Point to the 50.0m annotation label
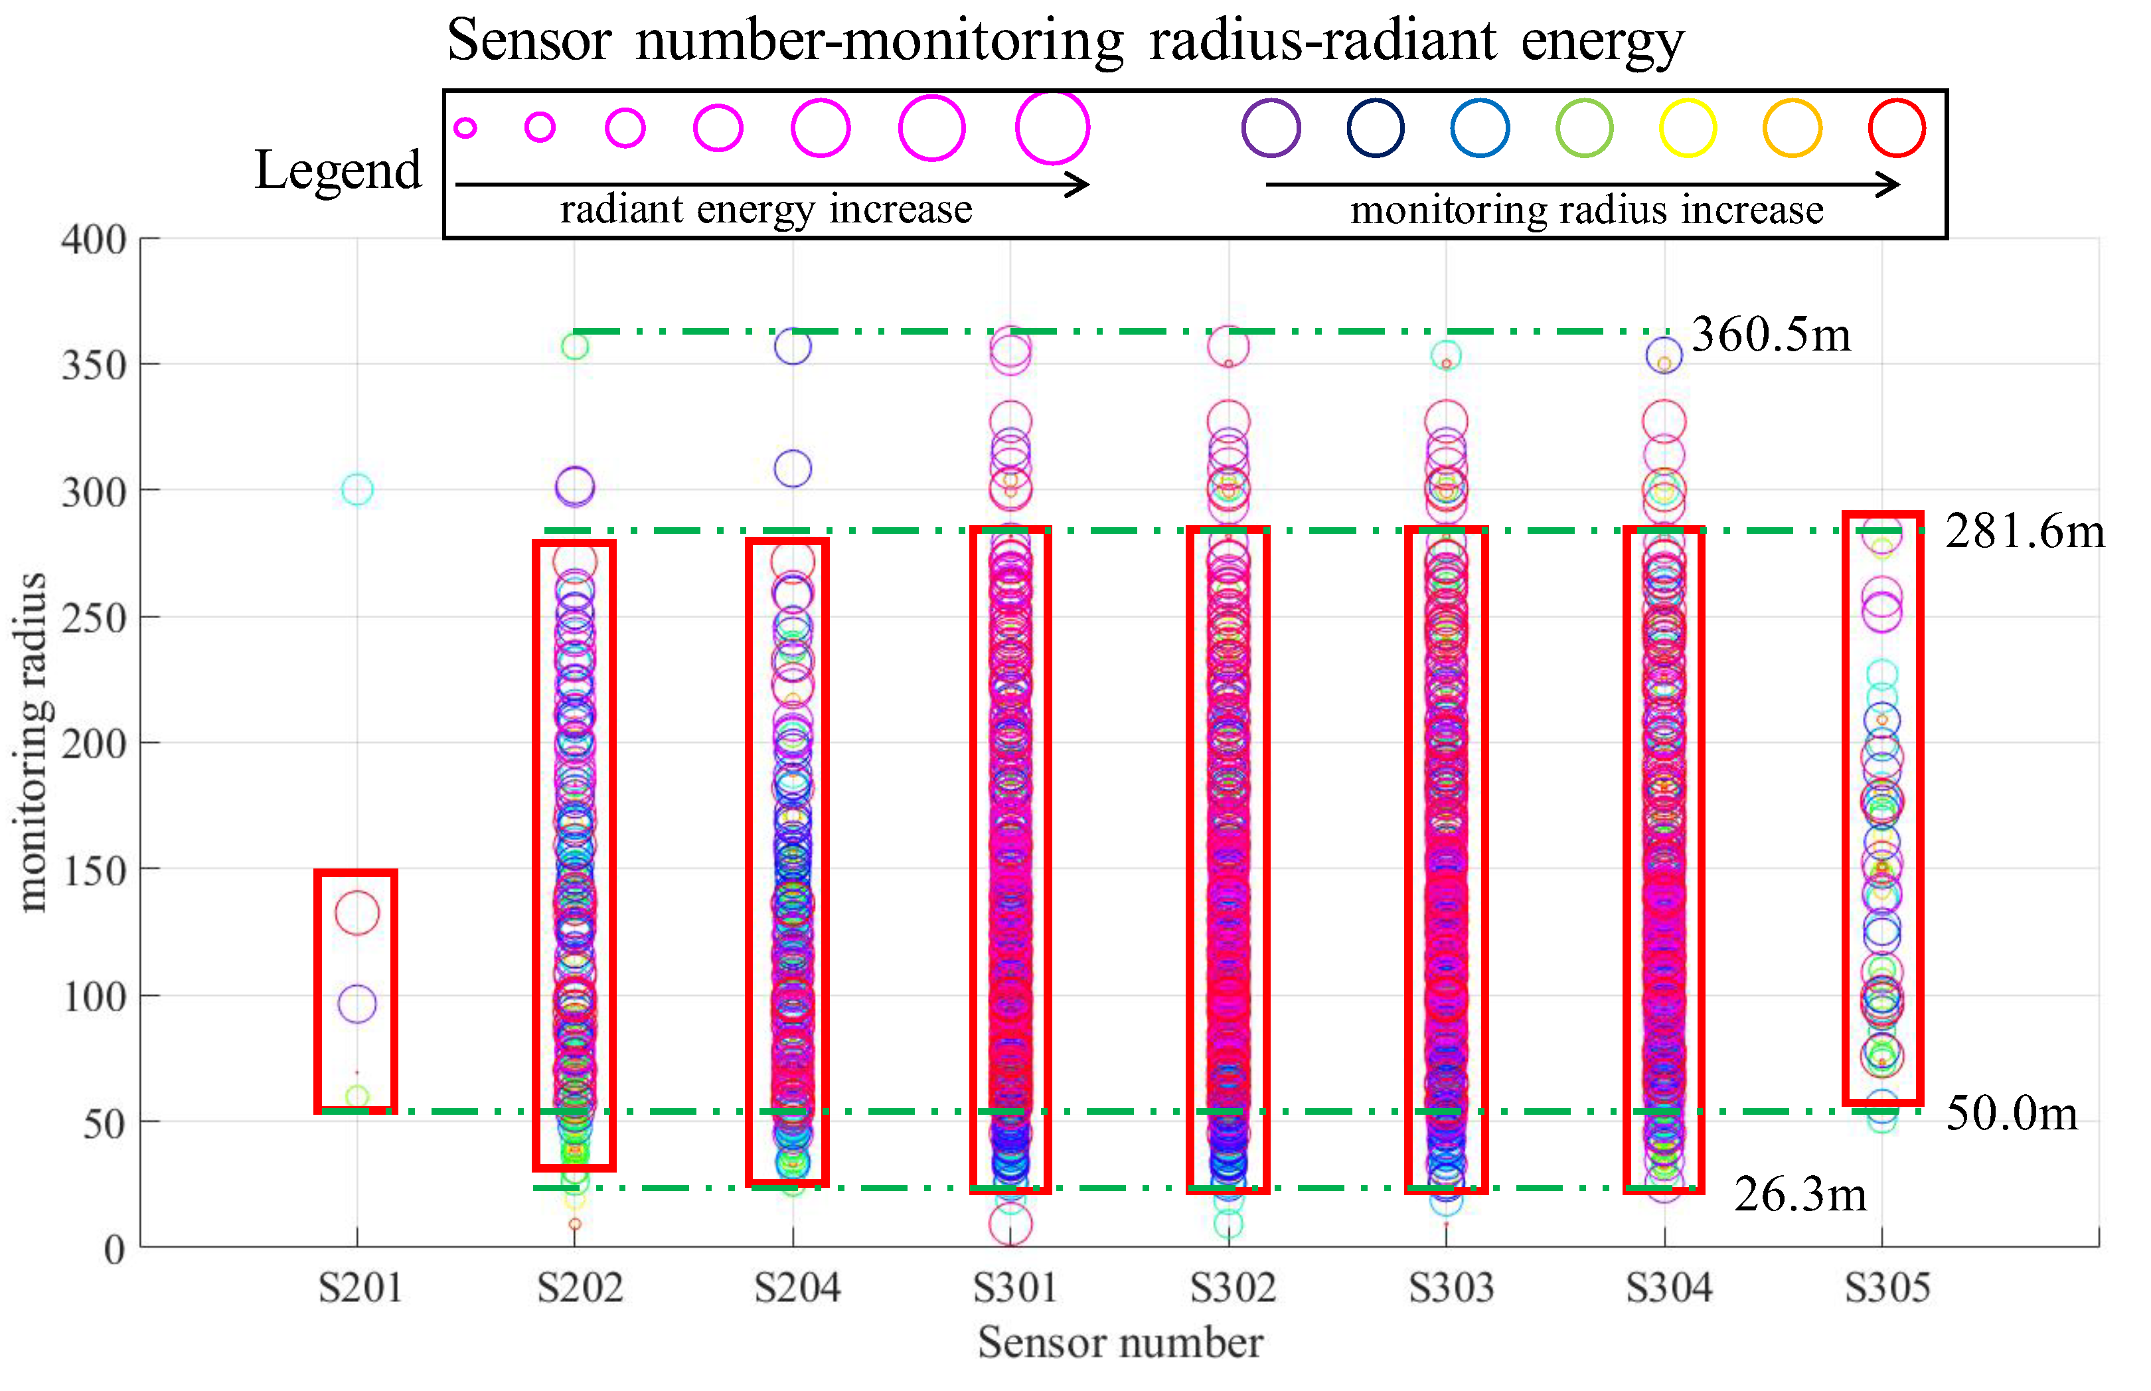pyautogui.click(x=2010, y=1113)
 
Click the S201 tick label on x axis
pyautogui.click(x=359, y=1287)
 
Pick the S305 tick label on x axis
pyautogui.click(x=1886, y=1287)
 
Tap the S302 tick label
pyautogui.click(x=1232, y=1287)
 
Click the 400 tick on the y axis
pyautogui.click(x=93, y=240)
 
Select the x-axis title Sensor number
pyautogui.click(x=1120, y=1343)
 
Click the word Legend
pyautogui.click(x=338, y=170)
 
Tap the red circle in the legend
pyautogui.click(x=1895, y=128)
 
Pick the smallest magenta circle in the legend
pyautogui.click(x=465, y=128)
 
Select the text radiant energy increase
pyautogui.click(x=765, y=210)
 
